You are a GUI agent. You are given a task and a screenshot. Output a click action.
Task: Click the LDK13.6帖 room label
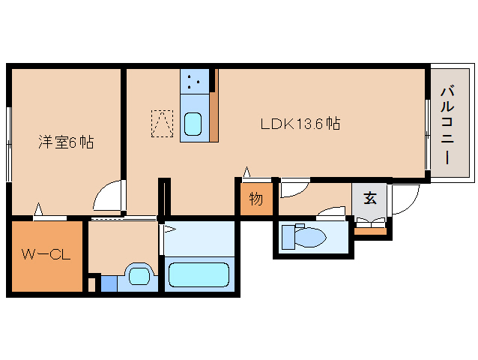[x=300, y=124]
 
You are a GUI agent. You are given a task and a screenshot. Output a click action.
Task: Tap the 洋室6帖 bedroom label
[x=66, y=142]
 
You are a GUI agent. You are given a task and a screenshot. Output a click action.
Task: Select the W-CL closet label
[x=46, y=254]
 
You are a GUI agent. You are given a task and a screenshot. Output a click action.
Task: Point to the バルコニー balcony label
[x=447, y=125]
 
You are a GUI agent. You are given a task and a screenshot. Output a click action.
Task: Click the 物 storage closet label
[x=256, y=199]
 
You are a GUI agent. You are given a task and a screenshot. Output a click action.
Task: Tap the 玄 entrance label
[x=370, y=198]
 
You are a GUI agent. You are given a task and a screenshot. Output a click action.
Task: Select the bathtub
[x=199, y=274]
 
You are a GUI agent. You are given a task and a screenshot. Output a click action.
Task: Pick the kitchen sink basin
[x=193, y=124]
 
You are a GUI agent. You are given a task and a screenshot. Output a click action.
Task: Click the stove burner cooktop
[x=195, y=82]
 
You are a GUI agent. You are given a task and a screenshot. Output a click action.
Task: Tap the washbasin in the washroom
[x=139, y=276]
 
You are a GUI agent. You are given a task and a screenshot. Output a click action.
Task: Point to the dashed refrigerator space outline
[x=162, y=124]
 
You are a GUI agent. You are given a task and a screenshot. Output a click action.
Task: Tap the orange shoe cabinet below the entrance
[x=370, y=231]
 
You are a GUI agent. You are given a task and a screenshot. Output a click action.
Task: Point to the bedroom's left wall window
[x=9, y=144]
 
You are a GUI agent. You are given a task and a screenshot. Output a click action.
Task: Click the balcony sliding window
[x=428, y=134]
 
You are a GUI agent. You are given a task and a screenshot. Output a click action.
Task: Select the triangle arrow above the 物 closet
[x=246, y=172]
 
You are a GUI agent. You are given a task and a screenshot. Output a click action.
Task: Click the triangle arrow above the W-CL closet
[x=38, y=209]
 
